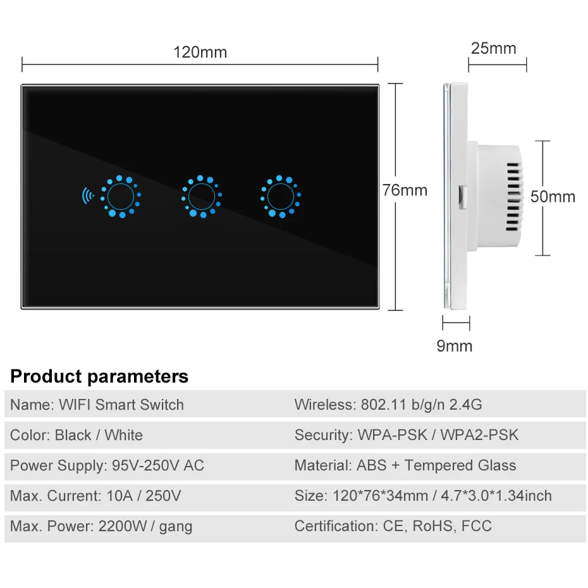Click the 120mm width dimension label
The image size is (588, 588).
coord(200,52)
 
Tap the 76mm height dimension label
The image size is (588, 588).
coord(405,190)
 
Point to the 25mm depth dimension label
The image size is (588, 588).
coord(493,48)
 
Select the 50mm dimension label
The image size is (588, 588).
coord(553,197)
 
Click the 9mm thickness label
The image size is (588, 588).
coord(455,346)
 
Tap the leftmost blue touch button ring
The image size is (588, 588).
coord(121,197)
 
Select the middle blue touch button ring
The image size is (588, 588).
coord(202,197)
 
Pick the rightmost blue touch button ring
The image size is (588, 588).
coord(280,197)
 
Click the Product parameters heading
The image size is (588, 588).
coord(99,377)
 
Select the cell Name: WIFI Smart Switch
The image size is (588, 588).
coord(97,405)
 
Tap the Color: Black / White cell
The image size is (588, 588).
coord(77,435)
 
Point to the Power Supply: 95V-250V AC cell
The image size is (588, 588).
coord(107,466)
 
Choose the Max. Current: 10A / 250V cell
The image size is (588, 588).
coord(95,496)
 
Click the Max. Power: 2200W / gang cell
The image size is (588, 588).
coord(101,526)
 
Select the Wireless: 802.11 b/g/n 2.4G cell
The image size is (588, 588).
coord(388,405)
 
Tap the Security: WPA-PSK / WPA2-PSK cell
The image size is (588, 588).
coord(406,435)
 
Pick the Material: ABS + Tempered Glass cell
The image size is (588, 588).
coord(405,466)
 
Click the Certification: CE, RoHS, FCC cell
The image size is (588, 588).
coord(393,526)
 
